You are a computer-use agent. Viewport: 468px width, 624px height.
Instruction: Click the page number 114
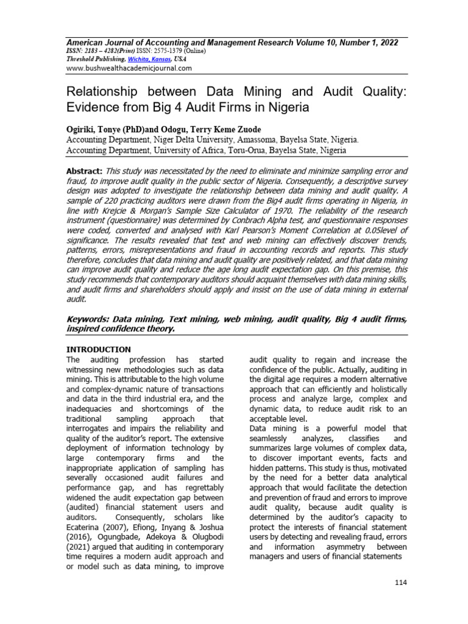coord(400,583)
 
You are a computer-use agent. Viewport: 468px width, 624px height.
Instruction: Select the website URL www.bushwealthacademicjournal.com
coord(129,68)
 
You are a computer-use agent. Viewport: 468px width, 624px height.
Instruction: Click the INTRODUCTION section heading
coord(98,349)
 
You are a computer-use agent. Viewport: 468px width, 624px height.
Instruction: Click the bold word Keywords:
coord(89,319)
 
